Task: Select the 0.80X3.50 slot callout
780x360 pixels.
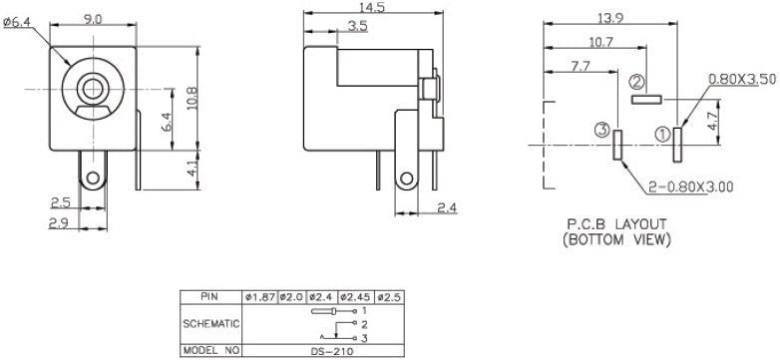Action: [x=741, y=78]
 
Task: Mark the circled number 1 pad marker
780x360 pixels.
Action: [x=662, y=131]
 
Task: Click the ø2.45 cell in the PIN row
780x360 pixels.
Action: [x=355, y=297]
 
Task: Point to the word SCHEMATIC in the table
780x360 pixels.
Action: [x=210, y=324]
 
